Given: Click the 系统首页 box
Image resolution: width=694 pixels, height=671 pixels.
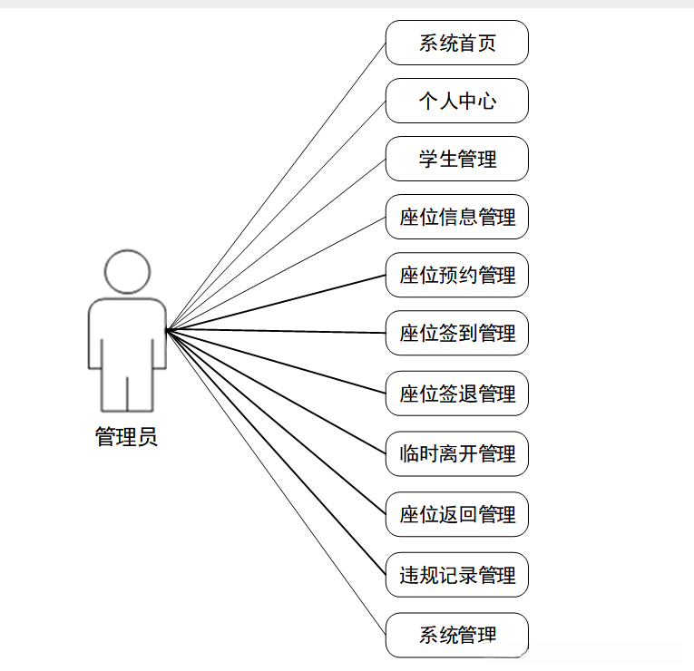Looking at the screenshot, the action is pyautogui.click(x=456, y=43).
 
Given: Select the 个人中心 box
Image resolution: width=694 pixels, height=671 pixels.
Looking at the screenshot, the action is pyautogui.click(x=456, y=101).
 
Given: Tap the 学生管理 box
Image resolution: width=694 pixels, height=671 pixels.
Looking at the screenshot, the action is pyautogui.click(x=456, y=159).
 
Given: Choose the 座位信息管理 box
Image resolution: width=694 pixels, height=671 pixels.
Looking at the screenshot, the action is pyautogui.click(x=456, y=217).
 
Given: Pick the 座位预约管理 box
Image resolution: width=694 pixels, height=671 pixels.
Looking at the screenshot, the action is pyautogui.click(x=456, y=275).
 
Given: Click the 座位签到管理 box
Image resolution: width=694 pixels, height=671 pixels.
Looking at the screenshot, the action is pyautogui.click(x=456, y=333).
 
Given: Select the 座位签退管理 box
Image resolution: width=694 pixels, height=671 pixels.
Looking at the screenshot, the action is pyautogui.click(x=456, y=394).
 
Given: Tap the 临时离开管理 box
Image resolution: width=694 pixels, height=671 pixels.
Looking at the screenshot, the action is pyautogui.click(x=456, y=453).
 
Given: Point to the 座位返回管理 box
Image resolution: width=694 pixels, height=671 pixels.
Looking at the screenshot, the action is pyautogui.click(x=456, y=514).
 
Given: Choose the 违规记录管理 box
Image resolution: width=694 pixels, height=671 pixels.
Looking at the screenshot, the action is pyautogui.click(x=456, y=575).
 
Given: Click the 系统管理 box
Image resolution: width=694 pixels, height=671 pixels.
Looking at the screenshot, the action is pyautogui.click(x=456, y=635).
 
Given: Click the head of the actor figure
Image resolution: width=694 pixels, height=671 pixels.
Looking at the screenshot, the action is pyautogui.click(x=127, y=271).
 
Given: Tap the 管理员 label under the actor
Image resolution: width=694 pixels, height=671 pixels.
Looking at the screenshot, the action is pyautogui.click(x=126, y=437).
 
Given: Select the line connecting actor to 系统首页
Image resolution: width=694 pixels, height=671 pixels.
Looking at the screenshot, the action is pyautogui.click(x=277, y=186).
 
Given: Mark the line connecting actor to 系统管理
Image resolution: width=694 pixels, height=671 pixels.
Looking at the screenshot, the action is pyautogui.click(x=277, y=482).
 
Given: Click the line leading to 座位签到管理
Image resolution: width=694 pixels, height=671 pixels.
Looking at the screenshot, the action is pyautogui.click(x=277, y=331).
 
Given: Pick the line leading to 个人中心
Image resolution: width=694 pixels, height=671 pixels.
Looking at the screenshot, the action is pyautogui.click(x=277, y=215).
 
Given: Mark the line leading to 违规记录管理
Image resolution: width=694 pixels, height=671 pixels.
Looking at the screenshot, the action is pyautogui.click(x=277, y=452).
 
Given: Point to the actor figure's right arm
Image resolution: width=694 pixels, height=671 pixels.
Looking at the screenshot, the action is pyautogui.click(x=160, y=335).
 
